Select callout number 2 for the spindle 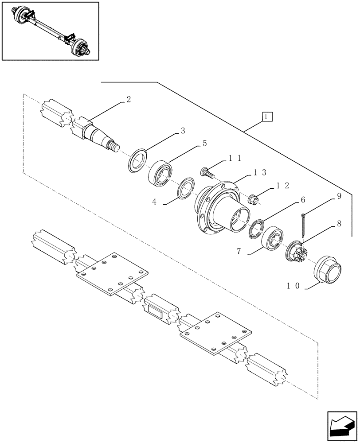point(128,100)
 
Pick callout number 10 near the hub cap point(294,287)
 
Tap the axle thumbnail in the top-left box point(50,31)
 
